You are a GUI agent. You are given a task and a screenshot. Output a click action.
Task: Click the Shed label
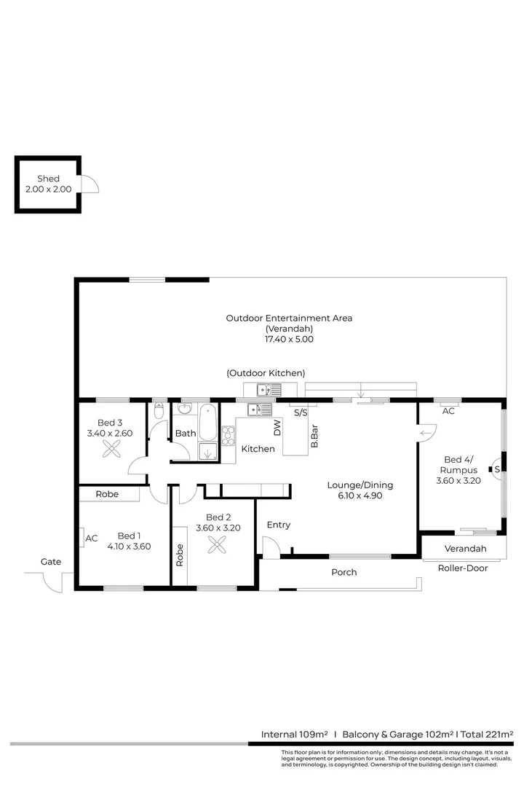coord(48,179)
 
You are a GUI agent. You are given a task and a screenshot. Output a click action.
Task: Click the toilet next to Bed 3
coord(159,412)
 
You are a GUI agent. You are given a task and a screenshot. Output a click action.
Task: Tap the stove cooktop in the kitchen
coord(228,435)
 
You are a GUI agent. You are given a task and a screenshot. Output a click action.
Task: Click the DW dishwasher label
coord(277,428)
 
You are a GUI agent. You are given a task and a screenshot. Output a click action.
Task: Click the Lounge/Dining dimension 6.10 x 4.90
coord(360,496)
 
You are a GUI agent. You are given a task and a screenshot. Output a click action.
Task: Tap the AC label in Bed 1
coord(92,539)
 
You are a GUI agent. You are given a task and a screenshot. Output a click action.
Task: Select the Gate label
coord(51,562)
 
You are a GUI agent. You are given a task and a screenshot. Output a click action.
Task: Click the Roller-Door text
coord(463,568)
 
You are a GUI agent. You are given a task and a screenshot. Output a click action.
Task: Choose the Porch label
coord(344,572)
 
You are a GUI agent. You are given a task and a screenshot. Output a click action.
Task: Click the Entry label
coord(278,525)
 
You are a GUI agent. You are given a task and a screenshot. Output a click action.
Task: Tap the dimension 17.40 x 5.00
coord(289,339)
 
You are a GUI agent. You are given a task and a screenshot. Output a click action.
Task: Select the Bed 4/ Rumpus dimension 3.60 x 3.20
coord(459,481)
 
